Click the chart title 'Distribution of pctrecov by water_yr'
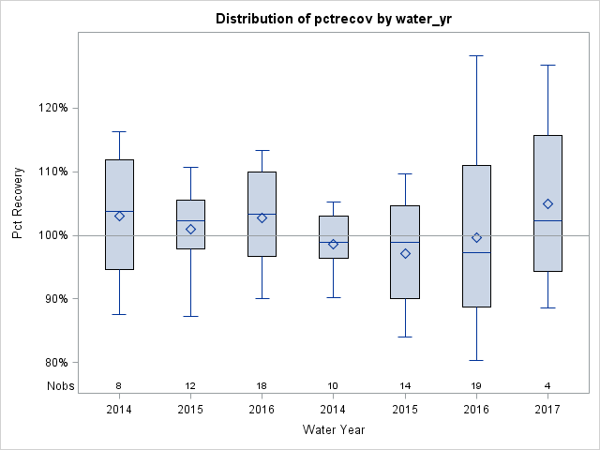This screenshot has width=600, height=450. (x=334, y=19)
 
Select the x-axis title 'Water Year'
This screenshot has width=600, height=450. (x=334, y=429)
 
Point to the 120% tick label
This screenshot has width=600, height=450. (x=52, y=108)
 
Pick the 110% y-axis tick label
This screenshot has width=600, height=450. (x=52, y=172)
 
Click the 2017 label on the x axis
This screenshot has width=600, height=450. (x=547, y=410)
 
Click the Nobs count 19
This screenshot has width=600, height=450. (x=476, y=386)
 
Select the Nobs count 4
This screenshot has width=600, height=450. (x=547, y=386)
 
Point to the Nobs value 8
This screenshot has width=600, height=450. (x=119, y=386)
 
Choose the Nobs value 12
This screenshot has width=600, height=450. (x=190, y=386)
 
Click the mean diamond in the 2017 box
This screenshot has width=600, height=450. (x=547, y=204)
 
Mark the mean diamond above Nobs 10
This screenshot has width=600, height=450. (x=333, y=244)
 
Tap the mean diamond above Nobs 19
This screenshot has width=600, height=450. (x=476, y=238)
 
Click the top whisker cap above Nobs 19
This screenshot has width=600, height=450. (x=476, y=55)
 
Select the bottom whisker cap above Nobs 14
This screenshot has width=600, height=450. (x=405, y=337)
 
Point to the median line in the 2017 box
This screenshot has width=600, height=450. (x=547, y=220)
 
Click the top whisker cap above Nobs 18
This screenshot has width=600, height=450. (x=262, y=150)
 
